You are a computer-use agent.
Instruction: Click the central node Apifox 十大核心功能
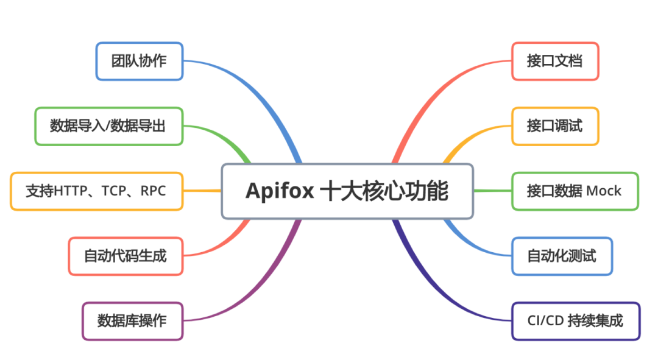[x=347, y=191]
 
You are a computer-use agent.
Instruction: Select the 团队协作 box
[x=140, y=61]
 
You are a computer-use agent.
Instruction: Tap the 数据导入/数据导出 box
[x=108, y=126]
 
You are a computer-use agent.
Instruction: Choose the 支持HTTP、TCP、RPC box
[x=96, y=191]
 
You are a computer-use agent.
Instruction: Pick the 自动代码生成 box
[x=126, y=256]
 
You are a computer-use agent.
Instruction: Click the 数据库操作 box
[x=132, y=320]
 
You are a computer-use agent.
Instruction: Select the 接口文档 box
[x=554, y=61]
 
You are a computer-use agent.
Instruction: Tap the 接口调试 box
[x=554, y=126]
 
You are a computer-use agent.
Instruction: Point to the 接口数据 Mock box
[x=575, y=191]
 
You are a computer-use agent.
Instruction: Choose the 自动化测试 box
[x=561, y=256]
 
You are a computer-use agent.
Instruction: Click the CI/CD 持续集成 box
[x=575, y=320]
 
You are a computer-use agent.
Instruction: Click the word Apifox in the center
[x=280, y=191]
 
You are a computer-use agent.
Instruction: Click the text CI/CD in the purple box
[x=544, y=320]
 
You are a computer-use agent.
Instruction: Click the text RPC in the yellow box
[x=153, y=191]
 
